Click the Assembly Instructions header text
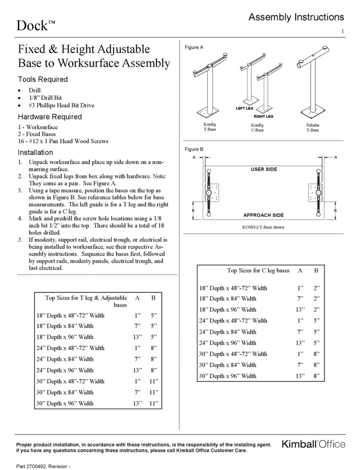(x=296, y=17)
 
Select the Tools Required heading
(x=42, y=79)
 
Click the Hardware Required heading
(x=49, y=117)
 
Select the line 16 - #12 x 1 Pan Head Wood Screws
(x=60, y=141)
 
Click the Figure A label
(x=194, y=48)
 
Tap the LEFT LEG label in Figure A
(x=244, y=109)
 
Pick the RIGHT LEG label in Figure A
(x=263, y=116)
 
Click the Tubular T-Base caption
(x=312, y=128)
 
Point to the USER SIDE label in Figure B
(x=263, y=169)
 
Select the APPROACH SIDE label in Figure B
(x=263, y=215)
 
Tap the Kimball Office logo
(x=313, y=444)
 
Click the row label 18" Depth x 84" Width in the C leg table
(x=228, y=298)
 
